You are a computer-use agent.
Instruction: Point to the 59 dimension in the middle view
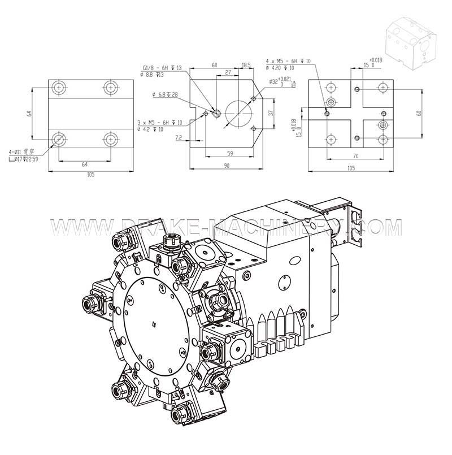(x=229, y=152)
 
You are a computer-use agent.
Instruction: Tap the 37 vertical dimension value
(x=271, y=112)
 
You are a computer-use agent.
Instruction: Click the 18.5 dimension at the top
(x=246, y=66)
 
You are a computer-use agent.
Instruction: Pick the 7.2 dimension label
(x=179, y=137)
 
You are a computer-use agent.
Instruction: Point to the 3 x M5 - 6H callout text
(x=159, y=123)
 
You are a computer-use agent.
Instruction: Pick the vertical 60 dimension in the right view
(x=419, y=112)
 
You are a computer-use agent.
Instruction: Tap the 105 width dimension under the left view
(x=90, y=175)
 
